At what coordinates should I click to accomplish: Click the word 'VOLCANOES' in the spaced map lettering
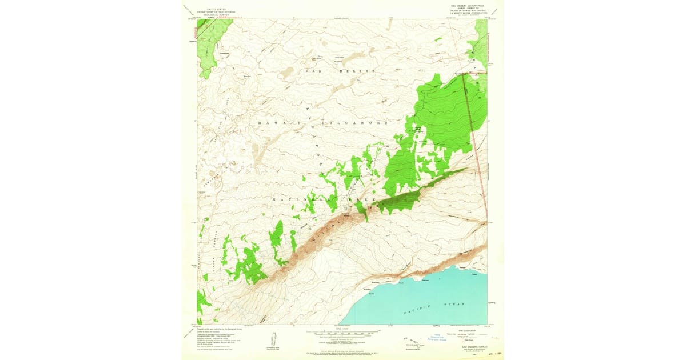(x=354, y=123)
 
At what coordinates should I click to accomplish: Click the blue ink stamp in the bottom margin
(x=440, y=337)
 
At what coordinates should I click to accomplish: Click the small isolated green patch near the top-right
(x=438, y=40)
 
